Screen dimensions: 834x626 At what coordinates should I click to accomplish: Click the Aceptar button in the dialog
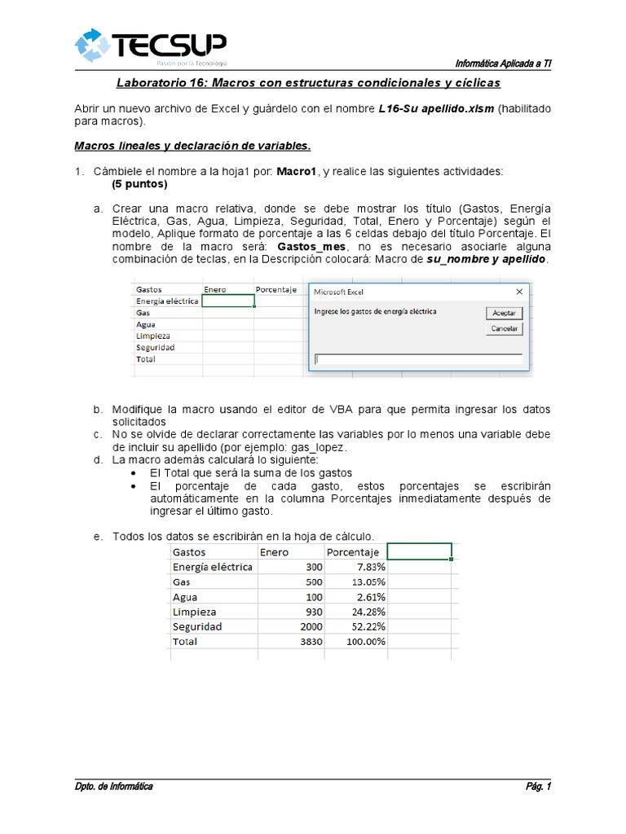(504, 313)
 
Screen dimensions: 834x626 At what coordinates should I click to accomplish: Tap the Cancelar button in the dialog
(504, 329)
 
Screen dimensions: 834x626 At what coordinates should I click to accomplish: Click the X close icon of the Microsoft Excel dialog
(519, 291)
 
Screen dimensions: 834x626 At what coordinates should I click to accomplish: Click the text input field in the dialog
(418, 358)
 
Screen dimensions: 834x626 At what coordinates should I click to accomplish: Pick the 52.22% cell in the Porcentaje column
(355, 626)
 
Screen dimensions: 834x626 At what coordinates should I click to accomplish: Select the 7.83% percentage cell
(355, 568)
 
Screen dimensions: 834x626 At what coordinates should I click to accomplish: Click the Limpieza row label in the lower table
(195, 612)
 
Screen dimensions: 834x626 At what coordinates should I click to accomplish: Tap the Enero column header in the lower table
(275, 552)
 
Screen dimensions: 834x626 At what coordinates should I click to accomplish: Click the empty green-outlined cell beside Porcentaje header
(419, 552)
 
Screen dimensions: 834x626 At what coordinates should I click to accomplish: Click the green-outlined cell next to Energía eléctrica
(228, 301)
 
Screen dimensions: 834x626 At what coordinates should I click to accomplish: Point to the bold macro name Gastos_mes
(313, 246)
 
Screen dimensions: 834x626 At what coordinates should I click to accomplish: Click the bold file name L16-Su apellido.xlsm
(437, 109)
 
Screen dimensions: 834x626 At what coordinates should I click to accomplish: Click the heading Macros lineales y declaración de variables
(192, 147)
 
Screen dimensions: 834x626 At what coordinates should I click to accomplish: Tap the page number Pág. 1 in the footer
(538, 786)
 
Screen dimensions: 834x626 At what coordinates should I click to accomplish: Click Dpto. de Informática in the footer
(113, 786)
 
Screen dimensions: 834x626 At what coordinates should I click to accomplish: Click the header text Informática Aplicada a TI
(502, 64)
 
